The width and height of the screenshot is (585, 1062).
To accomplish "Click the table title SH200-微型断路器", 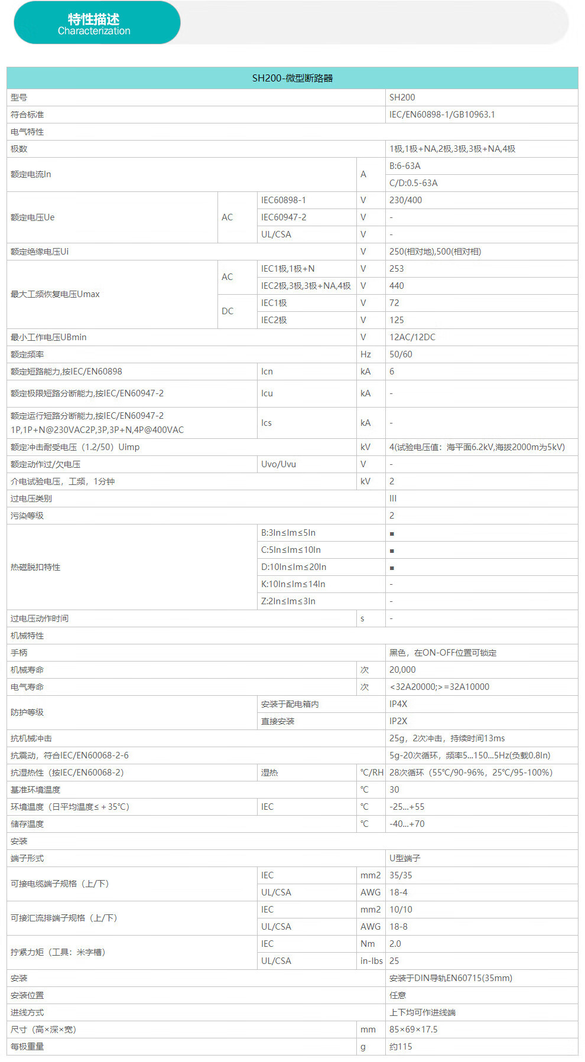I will (x=292, y=78).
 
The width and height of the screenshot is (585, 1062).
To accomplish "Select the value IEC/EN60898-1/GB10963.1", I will (x=442, y=115).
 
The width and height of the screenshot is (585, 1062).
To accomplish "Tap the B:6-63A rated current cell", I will (x=405, y=166).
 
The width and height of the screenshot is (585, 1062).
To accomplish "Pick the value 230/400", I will (x=405, y=200).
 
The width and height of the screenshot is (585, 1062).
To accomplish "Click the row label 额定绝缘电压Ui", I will (x=40, y=252).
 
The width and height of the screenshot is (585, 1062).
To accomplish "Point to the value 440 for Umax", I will (x=396, y=286).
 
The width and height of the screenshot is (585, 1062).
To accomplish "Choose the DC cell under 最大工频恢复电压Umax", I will (x=227, y=311).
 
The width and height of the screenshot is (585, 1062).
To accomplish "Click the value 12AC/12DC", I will (x=412, y=337).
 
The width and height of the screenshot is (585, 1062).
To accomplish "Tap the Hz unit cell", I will (x=366, y=354).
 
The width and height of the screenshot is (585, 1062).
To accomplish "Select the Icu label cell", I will (x=267, y=393).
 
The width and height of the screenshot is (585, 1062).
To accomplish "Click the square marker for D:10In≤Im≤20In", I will (x=392, y=568).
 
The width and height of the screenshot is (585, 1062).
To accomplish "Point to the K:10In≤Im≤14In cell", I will (x=293, y=584).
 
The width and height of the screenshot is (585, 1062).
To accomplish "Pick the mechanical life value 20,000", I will (x=402, y=670).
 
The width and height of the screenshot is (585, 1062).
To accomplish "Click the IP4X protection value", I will (x=398, y=704).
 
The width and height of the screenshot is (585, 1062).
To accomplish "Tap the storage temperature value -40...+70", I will (x=407, y=824).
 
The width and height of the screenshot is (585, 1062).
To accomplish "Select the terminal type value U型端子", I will (x=405, y=858).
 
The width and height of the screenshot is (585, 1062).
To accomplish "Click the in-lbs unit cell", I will (x=371, y=961).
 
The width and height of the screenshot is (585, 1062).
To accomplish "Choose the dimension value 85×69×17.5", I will (x=413, y=1030).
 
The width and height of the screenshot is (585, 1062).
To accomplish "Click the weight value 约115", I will (x=401, y=1047).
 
